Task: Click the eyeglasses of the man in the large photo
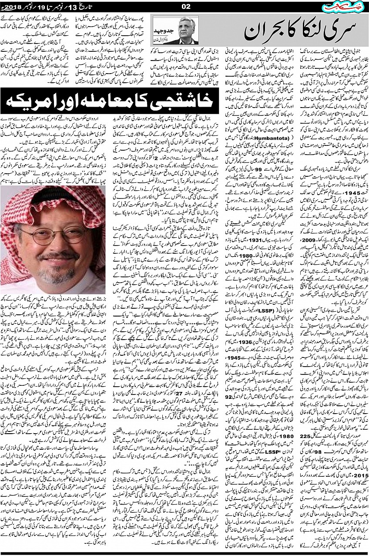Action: pyautogui.click(x=51, y=236)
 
